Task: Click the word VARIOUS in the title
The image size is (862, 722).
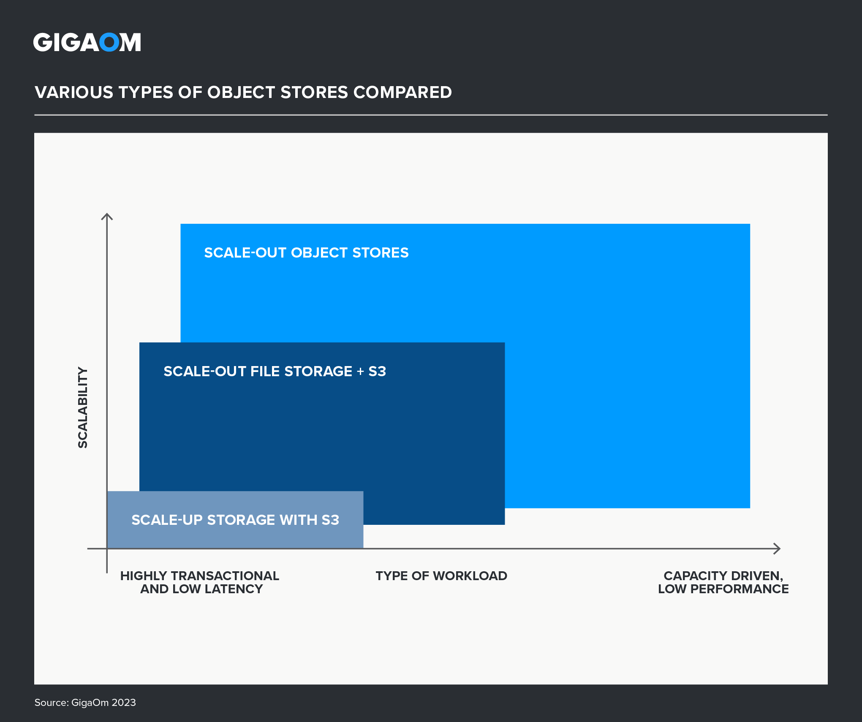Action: click(74, 92)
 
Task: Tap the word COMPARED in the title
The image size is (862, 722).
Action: click(402, 92)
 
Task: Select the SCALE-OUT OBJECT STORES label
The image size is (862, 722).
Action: click(306, 252)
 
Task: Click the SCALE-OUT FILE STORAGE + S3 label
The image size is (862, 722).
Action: click(275, 371)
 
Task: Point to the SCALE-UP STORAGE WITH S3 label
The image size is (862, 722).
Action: click(235, 520)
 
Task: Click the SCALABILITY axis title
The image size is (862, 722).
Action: click(83, 407)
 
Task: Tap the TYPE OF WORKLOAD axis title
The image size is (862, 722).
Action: click(441, 576)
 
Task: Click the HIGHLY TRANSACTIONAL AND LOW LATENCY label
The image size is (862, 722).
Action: click(200, 582)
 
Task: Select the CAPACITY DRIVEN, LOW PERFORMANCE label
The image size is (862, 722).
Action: click(723, 582)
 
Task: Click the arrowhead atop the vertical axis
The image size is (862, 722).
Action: click(107, 216)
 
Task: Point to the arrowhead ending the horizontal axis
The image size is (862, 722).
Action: click(777, 548)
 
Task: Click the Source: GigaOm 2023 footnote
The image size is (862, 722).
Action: click(85, 703)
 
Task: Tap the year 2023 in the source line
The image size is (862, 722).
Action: click(124, 703)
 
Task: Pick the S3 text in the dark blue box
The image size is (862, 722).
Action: click(377, 371)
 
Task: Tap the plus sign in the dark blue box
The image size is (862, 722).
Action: click(360, 372)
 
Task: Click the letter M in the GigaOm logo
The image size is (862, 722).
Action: click(130, 42)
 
